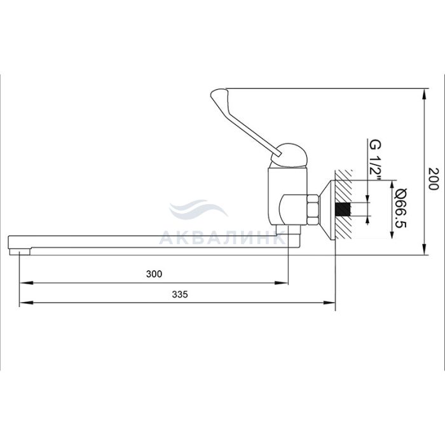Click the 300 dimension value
154,274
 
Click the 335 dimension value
180,294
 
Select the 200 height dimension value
434,179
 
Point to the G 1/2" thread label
375,160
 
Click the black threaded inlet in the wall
343,210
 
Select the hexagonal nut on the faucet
313,210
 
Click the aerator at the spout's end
20,252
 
